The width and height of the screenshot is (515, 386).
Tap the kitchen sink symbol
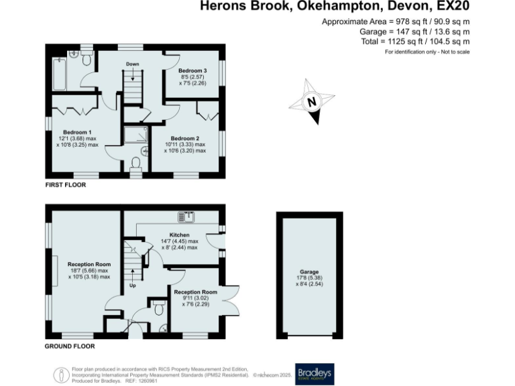[186, 216]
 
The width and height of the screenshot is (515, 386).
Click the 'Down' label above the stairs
[132, 64]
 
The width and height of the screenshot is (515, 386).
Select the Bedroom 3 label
[192, 70]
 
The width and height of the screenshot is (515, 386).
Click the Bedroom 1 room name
[76, 131]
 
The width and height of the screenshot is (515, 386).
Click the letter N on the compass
[311, 103]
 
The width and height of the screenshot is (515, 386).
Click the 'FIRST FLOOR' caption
[66, 184]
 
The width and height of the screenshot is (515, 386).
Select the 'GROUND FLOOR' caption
[70, 346]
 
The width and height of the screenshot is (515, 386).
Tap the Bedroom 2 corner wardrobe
[207, 113]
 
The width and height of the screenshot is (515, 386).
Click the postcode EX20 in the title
[453, 7]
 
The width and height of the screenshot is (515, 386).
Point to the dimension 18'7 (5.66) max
[89, 270]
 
